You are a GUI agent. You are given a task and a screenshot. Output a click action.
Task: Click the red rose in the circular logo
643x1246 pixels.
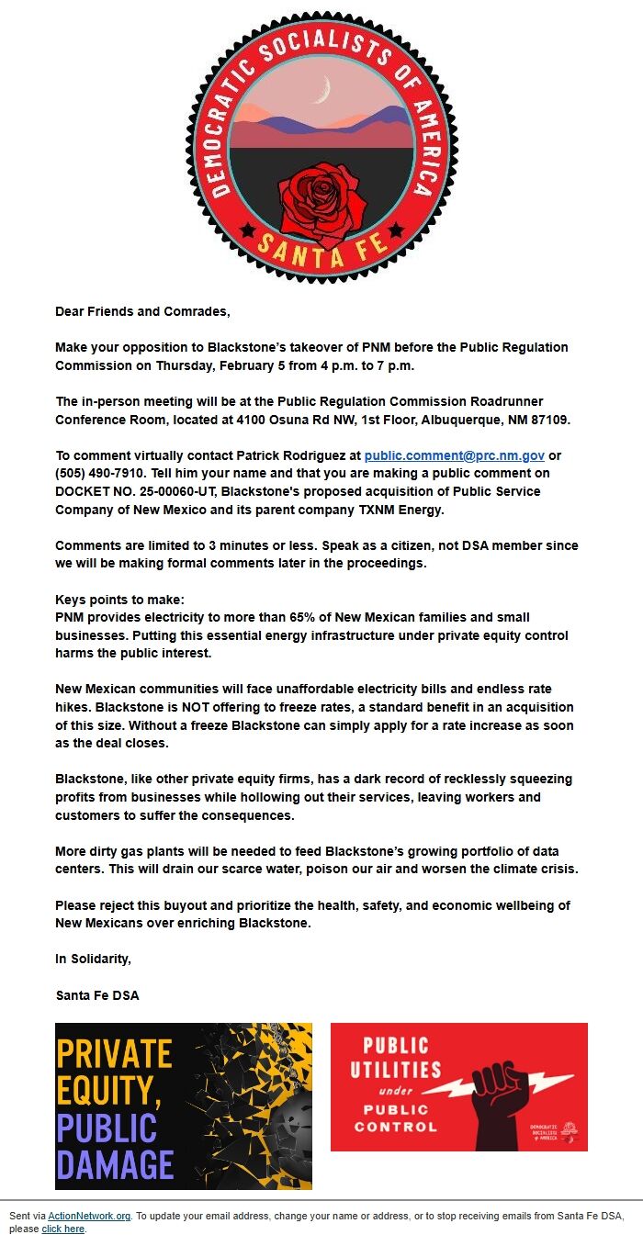(321, 204)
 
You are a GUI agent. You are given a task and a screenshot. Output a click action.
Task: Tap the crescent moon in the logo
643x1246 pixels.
(321, 90)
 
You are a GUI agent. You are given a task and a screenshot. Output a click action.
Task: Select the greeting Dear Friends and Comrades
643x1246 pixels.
(142, 311)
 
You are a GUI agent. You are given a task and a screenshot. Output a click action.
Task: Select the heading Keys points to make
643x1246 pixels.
(119, 600)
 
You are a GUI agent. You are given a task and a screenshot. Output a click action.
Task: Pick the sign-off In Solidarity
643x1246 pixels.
(94, 959)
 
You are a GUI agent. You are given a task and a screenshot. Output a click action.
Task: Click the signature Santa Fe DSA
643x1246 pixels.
(97, 995)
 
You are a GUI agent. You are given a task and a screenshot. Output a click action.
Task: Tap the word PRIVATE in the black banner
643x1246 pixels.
(114, 1053)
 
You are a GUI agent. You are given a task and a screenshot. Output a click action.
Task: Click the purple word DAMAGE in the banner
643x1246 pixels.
(116, 1163)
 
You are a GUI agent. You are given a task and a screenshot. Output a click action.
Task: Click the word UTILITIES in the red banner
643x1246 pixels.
(395, 1070)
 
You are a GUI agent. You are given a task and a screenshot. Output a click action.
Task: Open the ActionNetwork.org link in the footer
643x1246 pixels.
(89, 1216)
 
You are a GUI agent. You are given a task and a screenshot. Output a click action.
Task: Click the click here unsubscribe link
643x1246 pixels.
(62, 1229)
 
